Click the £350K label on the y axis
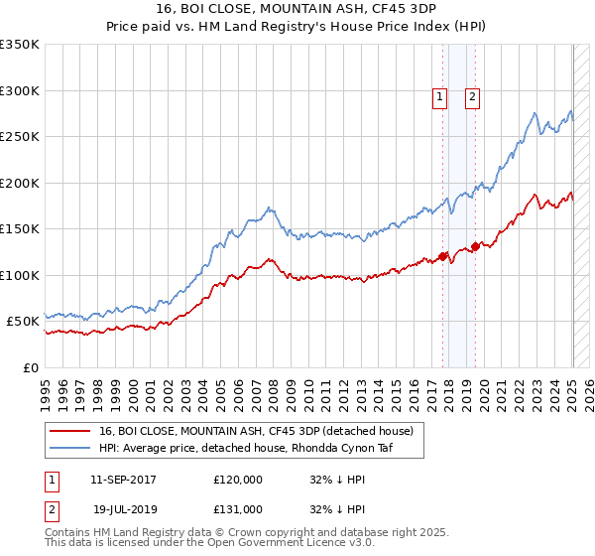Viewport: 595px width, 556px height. pos(20,45)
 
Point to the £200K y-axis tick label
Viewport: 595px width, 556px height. pos(20,183)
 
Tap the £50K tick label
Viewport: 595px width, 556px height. pos(23,322)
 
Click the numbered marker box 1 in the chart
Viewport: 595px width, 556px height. pos(439,97)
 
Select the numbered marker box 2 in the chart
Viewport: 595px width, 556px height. pos(472,97)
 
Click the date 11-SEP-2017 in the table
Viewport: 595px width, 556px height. pos(123,480)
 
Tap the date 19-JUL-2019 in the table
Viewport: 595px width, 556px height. pos(125,509)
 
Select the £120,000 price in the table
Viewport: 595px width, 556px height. pos(238,480)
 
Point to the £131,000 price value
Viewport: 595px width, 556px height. pos(238,509)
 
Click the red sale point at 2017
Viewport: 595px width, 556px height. pos(443,256)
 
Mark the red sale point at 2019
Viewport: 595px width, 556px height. pos(475,246)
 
